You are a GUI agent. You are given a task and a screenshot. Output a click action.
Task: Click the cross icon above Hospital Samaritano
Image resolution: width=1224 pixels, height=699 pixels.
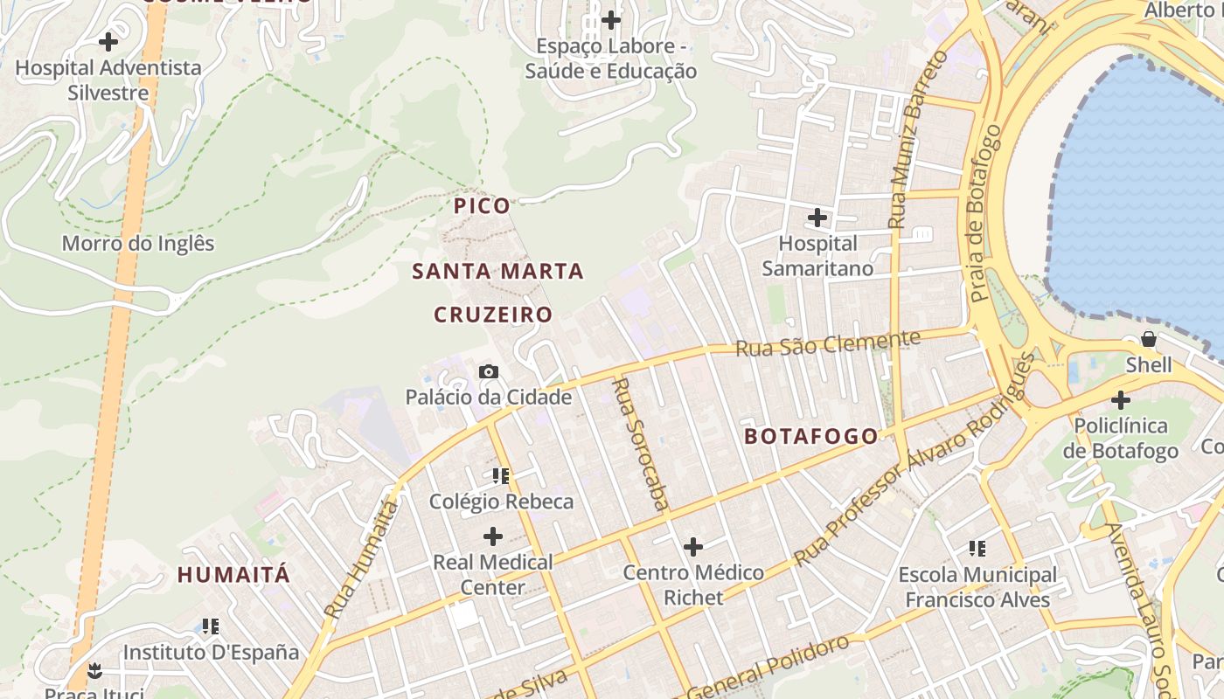point(817,217)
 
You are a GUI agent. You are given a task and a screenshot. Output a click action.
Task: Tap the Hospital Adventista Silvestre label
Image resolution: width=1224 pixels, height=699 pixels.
point(108,80)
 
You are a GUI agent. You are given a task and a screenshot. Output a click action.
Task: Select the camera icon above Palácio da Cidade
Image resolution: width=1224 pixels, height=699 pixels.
point(489,371)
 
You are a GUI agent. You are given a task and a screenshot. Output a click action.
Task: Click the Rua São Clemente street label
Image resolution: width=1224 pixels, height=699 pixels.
point(828,343)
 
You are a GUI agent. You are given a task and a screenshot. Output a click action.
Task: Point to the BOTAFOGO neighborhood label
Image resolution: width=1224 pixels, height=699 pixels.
point(811,436)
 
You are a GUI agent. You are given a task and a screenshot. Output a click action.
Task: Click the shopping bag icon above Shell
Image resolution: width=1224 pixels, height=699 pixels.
point(1148,339)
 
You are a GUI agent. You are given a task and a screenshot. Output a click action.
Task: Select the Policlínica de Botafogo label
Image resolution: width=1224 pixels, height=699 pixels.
point(1121,438)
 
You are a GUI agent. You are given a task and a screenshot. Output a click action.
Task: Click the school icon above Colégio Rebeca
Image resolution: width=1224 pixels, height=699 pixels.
point(501,476)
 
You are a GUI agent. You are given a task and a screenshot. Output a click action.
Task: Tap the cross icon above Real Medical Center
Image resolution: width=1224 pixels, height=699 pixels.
point(493,536)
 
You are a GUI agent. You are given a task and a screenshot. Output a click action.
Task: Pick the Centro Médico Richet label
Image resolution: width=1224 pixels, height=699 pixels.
point(693,585)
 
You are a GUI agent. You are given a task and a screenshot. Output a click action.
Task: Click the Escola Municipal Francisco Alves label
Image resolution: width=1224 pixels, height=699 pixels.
point(977,587)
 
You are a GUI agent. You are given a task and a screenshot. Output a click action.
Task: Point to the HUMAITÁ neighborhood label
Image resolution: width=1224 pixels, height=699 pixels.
point(233,575)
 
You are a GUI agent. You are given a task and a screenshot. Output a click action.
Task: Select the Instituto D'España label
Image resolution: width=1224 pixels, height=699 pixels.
point(211,652)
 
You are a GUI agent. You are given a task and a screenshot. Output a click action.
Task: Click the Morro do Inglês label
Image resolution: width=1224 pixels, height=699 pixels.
point(137,243)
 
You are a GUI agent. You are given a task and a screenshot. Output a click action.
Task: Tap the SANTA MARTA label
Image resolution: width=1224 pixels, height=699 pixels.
point(497,271)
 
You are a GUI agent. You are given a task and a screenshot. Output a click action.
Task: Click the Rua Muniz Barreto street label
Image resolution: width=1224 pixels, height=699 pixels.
point(917,140)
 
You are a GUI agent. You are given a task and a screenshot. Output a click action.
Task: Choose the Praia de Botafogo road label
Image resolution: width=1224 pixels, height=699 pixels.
point(985,214)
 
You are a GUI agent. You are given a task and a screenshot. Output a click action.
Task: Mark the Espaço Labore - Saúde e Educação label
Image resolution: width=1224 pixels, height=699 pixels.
point(610,59)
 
